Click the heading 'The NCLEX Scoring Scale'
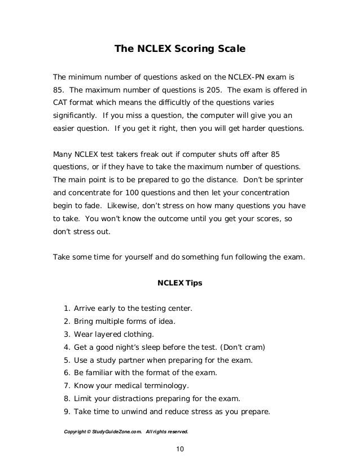[x=180, y=49]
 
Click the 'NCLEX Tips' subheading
[x=180, y=283]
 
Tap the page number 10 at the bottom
[x=180, y=449]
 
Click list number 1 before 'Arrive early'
[x=67, y=308]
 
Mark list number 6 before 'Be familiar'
[x=67, y=373]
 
